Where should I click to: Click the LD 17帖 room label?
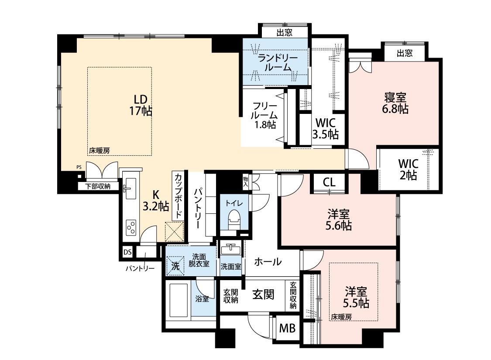pyautogui.click(x=141, y=105)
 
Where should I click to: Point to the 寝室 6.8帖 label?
pyautogui.click(x=395, y=103)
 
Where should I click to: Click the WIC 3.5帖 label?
pyautogui.click(x=325, y=128)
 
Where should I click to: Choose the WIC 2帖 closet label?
pyautogui.click(x=409, y=169)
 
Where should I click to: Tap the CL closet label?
pyautogui.click(x=329, y=182)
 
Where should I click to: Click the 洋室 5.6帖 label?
pyautogui.click(x=338, y=220)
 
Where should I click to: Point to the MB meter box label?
pyautogui.click(x=288, y=329)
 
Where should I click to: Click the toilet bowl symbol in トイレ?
pyautogui.click(x=234, y=218)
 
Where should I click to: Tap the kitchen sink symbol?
pyautogui.click(x=130, y=188)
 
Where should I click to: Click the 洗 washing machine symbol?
pyautogui.click(x=175, y=266)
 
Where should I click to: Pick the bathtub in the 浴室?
pyautogui.click(x=179, y=300)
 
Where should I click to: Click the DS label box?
pyautogui.click(x=127, y=252)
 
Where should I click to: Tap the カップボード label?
pyautogui.click(x=178, y=195)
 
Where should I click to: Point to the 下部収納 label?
pyautogui.click(x=98, y=186)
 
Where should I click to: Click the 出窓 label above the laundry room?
pyautogui.click(x=284, y=33)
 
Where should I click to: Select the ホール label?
pyautogui.click(x=268, y=261)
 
